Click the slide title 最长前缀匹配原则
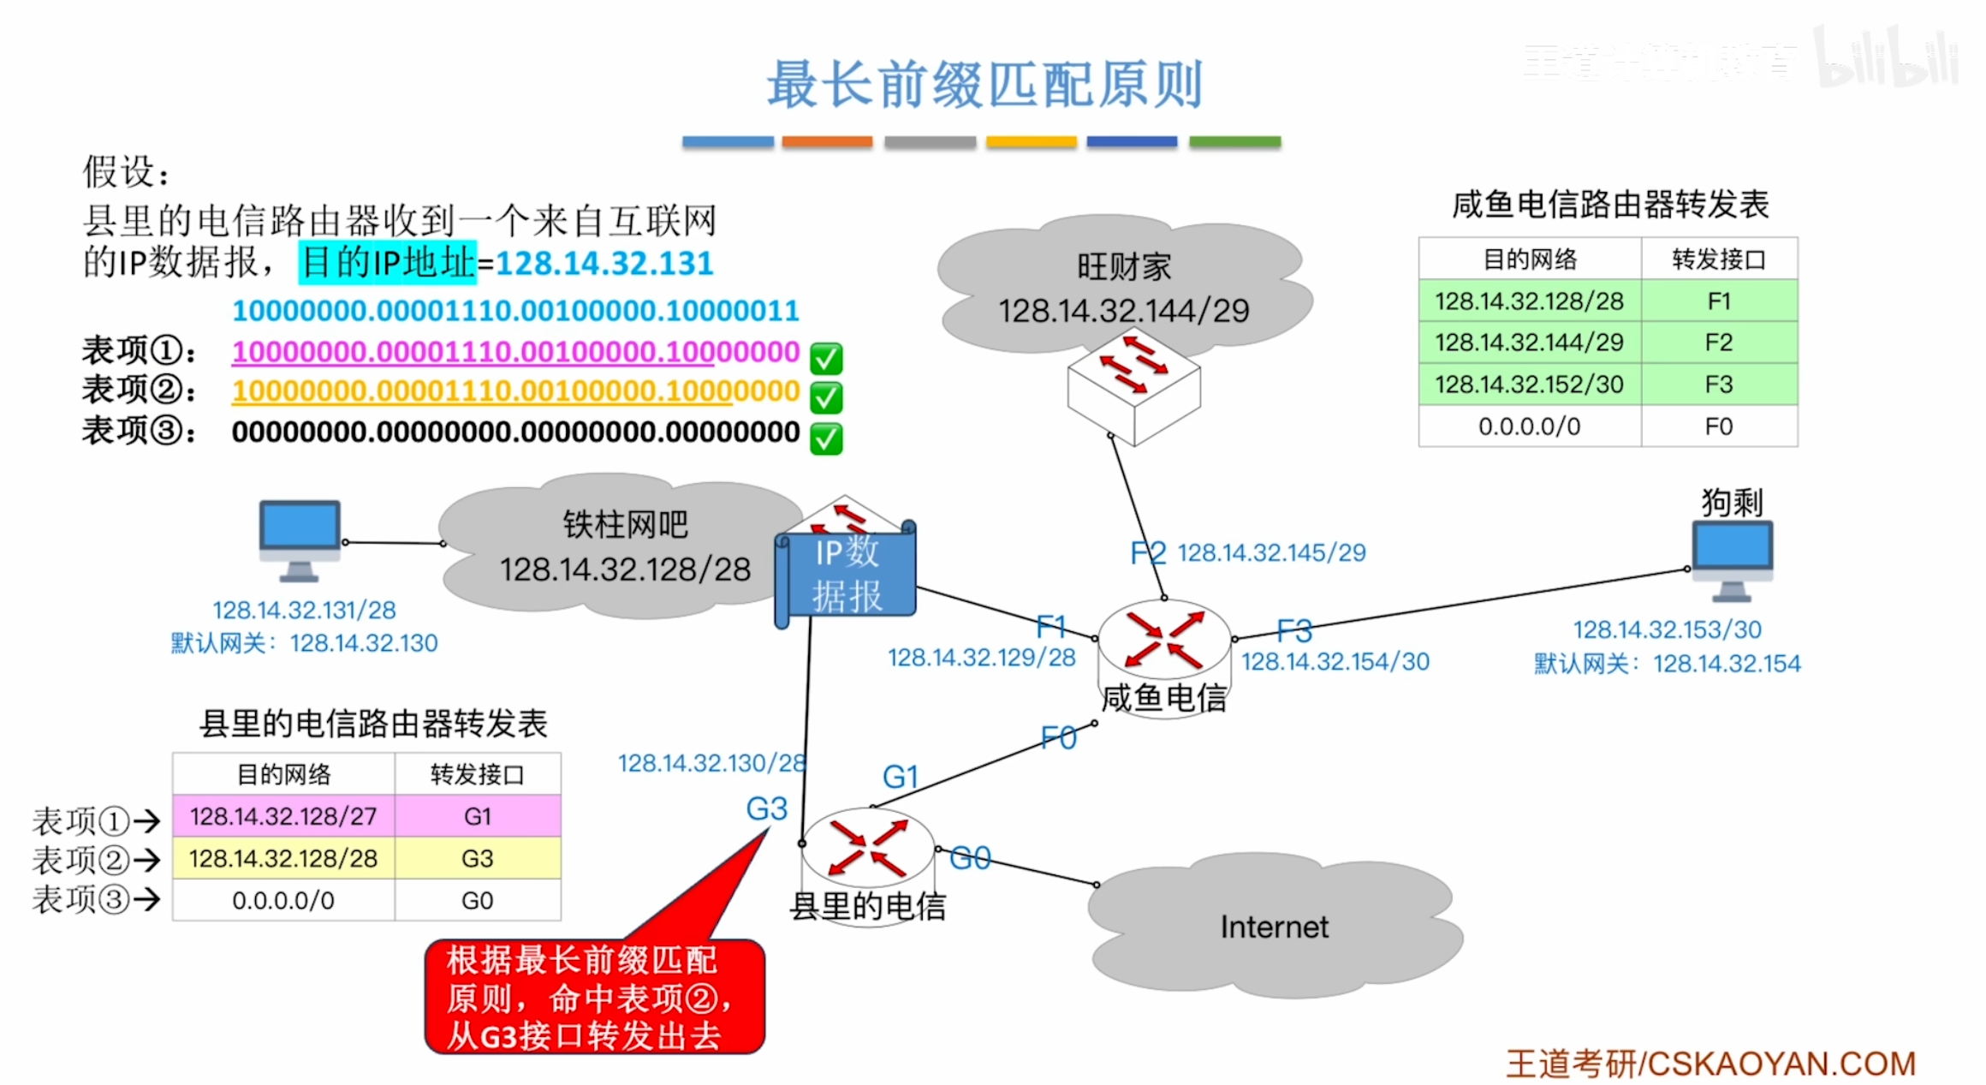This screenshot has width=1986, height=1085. [984, 85]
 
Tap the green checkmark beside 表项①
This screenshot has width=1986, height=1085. [826, 358]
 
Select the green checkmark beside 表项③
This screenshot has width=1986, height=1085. [826, 438]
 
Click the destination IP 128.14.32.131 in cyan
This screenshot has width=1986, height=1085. [604, 263]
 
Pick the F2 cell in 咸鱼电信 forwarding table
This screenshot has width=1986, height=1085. [1718, 343]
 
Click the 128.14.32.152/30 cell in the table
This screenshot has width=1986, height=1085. [1529, 385]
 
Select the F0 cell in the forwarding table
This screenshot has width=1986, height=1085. [1718, 426]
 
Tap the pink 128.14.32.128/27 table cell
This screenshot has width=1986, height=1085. [283, 816]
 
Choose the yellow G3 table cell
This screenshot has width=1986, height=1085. [477, 858]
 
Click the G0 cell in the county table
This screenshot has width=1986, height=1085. [477, 901]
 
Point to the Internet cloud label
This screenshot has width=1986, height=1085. [1275, 927]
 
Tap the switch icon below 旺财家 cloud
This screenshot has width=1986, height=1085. [1133, 390]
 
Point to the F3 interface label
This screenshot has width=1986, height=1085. [1293, 631]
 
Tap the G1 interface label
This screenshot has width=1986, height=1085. [900, 777]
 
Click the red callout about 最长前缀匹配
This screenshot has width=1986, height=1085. [594, 997]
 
